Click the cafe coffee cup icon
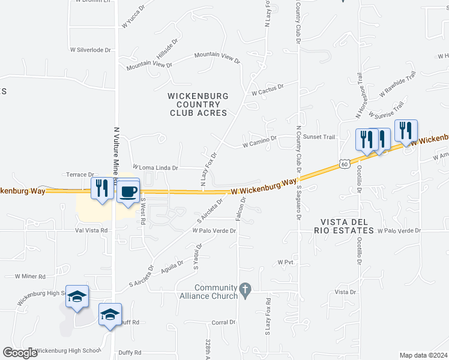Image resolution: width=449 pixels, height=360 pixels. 128,191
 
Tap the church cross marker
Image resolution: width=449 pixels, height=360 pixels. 244,290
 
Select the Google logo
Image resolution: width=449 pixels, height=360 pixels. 20,353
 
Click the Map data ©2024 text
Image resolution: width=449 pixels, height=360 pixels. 423,355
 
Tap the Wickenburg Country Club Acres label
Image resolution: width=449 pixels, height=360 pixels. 198,104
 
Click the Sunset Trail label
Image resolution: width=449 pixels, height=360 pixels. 319,137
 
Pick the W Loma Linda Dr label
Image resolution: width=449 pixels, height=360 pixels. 155,167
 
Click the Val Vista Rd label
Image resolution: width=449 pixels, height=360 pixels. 91,230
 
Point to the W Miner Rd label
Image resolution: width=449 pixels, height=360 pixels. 30,277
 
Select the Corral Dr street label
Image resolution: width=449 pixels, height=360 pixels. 223,322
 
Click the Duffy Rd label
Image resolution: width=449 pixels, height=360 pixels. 130,353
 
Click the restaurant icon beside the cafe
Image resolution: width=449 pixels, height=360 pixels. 101,189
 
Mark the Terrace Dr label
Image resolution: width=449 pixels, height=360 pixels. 80,175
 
